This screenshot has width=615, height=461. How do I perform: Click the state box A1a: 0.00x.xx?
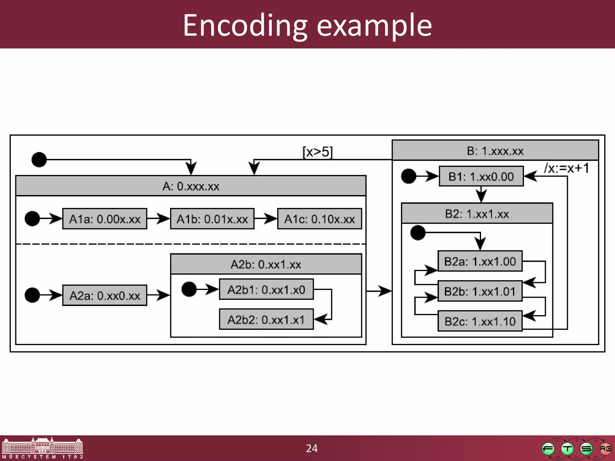105,219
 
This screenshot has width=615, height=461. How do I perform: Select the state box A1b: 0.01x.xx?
212,219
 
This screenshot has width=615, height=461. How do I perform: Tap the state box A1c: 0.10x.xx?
320,219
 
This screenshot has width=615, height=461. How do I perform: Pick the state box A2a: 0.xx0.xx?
105,295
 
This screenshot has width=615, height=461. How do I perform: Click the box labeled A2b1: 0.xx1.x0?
266,289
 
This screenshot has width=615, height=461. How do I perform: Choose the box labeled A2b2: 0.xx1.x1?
266,319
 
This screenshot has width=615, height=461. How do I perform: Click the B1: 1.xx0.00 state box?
481,176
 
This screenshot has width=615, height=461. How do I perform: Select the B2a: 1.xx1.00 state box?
480,261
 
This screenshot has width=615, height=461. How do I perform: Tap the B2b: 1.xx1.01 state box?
480,291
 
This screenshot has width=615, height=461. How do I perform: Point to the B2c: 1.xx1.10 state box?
480,321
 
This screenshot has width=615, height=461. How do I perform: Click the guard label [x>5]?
317,152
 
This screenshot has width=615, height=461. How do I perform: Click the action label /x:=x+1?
566,168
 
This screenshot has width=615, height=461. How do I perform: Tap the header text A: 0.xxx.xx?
191,186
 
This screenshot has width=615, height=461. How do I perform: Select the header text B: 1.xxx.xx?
495,151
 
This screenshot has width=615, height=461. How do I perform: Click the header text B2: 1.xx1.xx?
477,214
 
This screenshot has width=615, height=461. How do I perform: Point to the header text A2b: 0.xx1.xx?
266,264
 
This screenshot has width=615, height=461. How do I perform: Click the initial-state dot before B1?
408,176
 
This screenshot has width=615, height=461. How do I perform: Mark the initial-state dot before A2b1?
189,289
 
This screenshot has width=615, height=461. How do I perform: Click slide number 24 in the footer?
312,448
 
